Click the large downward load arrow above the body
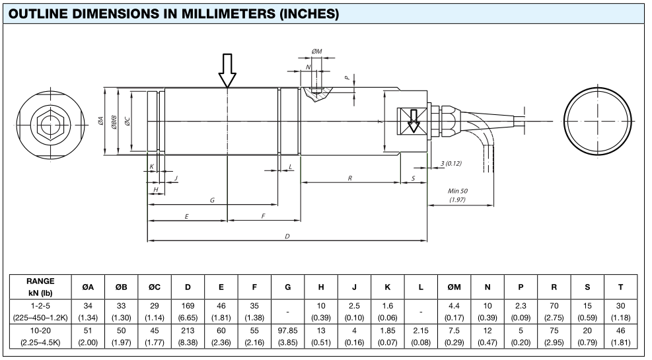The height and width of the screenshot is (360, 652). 227,71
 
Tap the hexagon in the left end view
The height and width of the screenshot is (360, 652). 46,122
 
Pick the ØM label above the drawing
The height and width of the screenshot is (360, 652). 316,51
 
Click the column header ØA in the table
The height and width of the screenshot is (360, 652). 88,287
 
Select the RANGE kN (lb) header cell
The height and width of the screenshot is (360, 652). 40,287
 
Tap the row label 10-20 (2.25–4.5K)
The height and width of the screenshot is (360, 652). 40,336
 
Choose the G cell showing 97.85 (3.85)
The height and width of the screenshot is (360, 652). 288,336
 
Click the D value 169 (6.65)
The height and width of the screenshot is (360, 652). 188,311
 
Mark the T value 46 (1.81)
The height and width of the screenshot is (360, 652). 620,336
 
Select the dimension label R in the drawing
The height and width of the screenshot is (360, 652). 349,178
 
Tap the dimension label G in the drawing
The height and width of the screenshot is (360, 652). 212,199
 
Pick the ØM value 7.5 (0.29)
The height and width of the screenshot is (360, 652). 454,336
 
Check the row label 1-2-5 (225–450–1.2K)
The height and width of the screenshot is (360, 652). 40,311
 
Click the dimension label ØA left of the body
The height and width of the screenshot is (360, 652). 100,122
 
